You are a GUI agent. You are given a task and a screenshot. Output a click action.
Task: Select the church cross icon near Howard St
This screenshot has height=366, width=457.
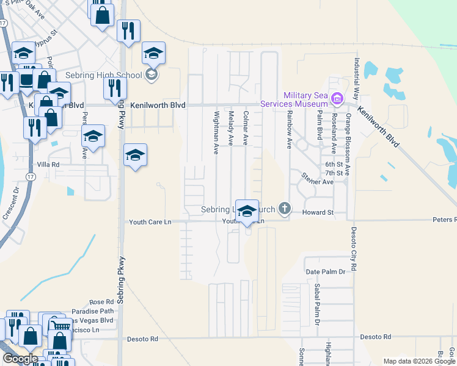pyautogui.click(x=284, y=209)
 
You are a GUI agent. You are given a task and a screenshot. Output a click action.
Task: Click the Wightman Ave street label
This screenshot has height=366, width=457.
pyautogui.click(x=216, y=132)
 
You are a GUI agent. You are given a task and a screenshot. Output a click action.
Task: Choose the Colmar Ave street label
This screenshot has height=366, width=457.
pyautogui.click(x=246, y=127)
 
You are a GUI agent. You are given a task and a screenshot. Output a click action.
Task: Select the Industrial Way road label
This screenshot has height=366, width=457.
pyautogui.click(x=356, y=80)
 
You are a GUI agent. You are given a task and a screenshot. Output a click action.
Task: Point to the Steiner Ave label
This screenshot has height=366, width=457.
pyautogui.click(x=316, y=181)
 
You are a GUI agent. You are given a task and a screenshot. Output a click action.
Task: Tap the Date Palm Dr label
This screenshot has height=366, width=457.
pyautogui.click(x=325, y=271)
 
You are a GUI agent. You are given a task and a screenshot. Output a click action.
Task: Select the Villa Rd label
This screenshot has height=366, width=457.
pyautogui.click(x=47, y=165)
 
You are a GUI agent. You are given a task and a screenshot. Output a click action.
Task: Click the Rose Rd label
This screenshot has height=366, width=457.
pyautogui.click(x=101, y=302)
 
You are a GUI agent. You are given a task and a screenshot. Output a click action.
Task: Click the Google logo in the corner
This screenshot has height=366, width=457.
pyautogui.click(x=20, y=359)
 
